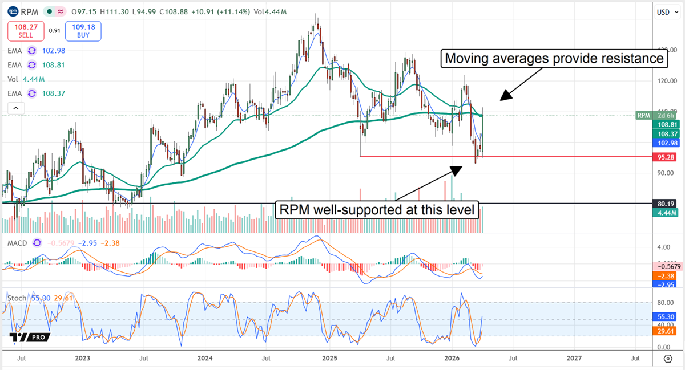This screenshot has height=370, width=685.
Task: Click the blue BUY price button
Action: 83,31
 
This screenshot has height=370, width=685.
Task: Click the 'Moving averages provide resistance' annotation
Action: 554,59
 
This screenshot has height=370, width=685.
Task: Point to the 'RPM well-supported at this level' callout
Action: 377,209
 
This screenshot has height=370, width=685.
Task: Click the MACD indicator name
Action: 18,243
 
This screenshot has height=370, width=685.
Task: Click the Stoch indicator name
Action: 17,298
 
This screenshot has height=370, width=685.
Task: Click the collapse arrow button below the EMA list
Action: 16,108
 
